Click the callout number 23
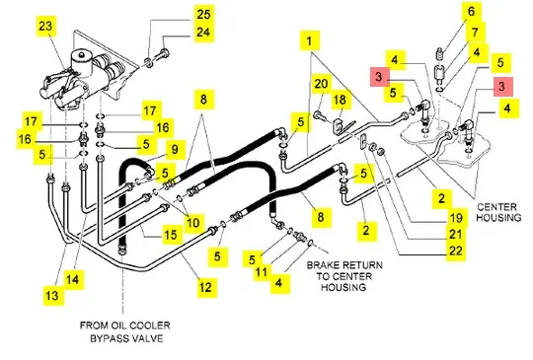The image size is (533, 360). (x=46, y=26)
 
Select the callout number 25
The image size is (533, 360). (x=204, y=14)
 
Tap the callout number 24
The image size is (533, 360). (x=204, y=33)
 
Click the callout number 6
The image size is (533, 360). (x=471, y=12)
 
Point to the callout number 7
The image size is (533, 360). (x=475, y=33)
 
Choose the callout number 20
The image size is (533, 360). (x=321, y=84)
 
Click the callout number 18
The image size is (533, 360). (x=340, y=100)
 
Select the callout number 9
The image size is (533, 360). (x=175, y=150)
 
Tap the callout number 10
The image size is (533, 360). (x=193, y=223)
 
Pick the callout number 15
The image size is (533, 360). (x=171, y=235)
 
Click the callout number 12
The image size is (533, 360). (x=205, y=287)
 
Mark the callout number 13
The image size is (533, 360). (x=51, y=296)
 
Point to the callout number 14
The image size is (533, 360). (x=73, y=280)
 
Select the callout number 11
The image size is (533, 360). (x=262, y=272)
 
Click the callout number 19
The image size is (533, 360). (x=456, y=218)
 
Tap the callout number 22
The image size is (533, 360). (x=456, y=251)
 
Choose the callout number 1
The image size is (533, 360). (x=309, y=41)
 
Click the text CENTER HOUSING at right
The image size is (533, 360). (x=498, y=212)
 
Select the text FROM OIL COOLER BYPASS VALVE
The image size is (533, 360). (x=125, y=331)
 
